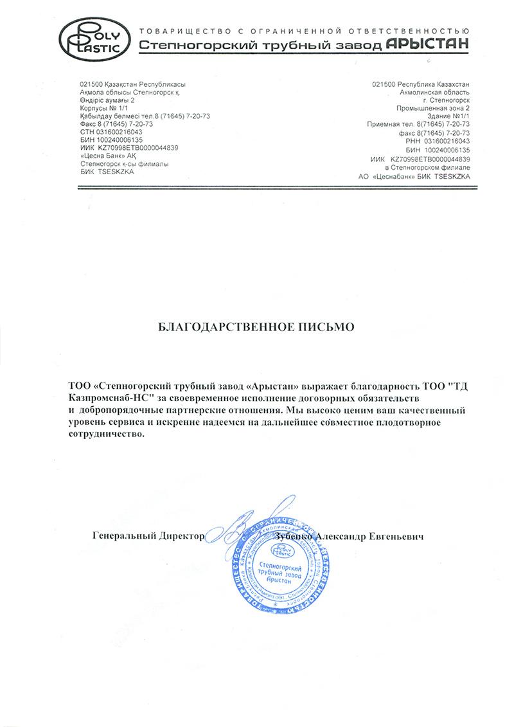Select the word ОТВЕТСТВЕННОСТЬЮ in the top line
coord(407,30)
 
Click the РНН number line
coord(435,140)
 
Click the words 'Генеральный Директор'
coord(148,535)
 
